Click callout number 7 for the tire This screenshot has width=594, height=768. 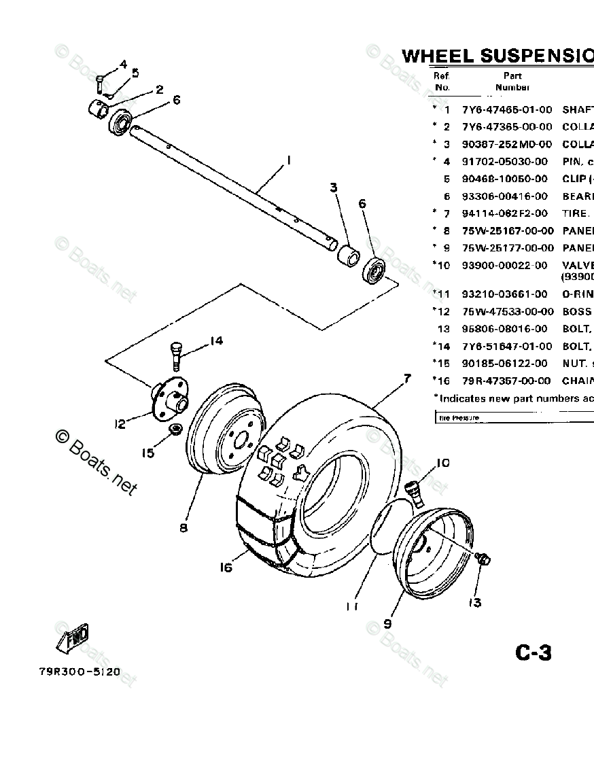click(407, 379)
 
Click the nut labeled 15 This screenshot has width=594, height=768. click(175, 430)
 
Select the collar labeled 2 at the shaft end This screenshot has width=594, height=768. click(100, 108)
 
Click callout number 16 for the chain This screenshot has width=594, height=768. click(226, 567)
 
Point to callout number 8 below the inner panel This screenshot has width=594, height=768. click(184, 527)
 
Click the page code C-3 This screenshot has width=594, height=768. click(533, 653)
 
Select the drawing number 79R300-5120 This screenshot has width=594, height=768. click(80, 672)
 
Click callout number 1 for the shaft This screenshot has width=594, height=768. click(288, 160)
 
